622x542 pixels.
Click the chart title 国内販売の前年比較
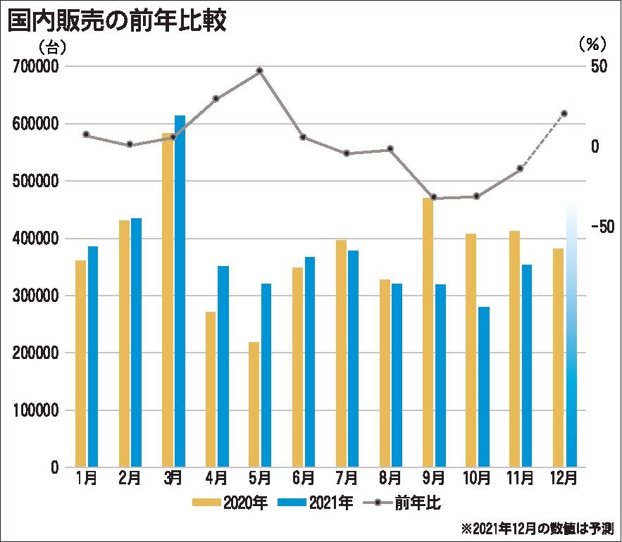(x=117, y=21)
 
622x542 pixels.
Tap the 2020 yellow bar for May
(x=254, y=405)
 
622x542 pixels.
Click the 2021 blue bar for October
(x=483, y=387)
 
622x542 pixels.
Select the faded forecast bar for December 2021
(x=571, y=338)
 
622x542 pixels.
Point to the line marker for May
(x=260, y=70)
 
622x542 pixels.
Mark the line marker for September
(x=433, y=198)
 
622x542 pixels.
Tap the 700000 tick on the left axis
(x=35, y=67)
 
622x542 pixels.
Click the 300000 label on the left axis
(x=35, y=296)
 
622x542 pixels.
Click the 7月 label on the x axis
(x=347, y=479)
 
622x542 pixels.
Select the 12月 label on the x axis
(x=563, y=479)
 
